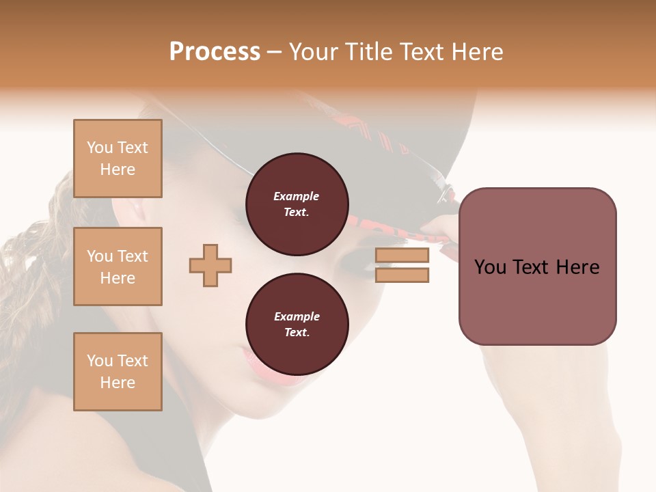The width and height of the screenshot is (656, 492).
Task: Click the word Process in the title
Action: (x=215, y=52)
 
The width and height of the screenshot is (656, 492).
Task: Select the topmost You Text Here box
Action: (x=118, y=159)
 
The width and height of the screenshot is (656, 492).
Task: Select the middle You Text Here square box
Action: (x=118, y=266)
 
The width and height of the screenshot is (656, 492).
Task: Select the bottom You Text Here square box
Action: (x=118, y=371)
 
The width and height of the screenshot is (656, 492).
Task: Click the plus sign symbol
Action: (x=210, y=265)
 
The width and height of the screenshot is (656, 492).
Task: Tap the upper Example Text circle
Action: (x=297, y=204)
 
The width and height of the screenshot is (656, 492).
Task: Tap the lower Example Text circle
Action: (x=297, y=324)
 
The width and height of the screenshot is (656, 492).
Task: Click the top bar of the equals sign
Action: (x=402, y=256)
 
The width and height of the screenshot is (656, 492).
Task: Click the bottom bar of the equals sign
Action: (x=402, y=275)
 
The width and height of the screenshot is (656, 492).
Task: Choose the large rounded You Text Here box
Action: (x=537, y=266)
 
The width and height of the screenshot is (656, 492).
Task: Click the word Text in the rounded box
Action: (x=534, y=267)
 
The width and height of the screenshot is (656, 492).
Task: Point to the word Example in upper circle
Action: (x=296, y=196)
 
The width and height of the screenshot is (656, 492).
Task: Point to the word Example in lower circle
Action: (x=296, y=316)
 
